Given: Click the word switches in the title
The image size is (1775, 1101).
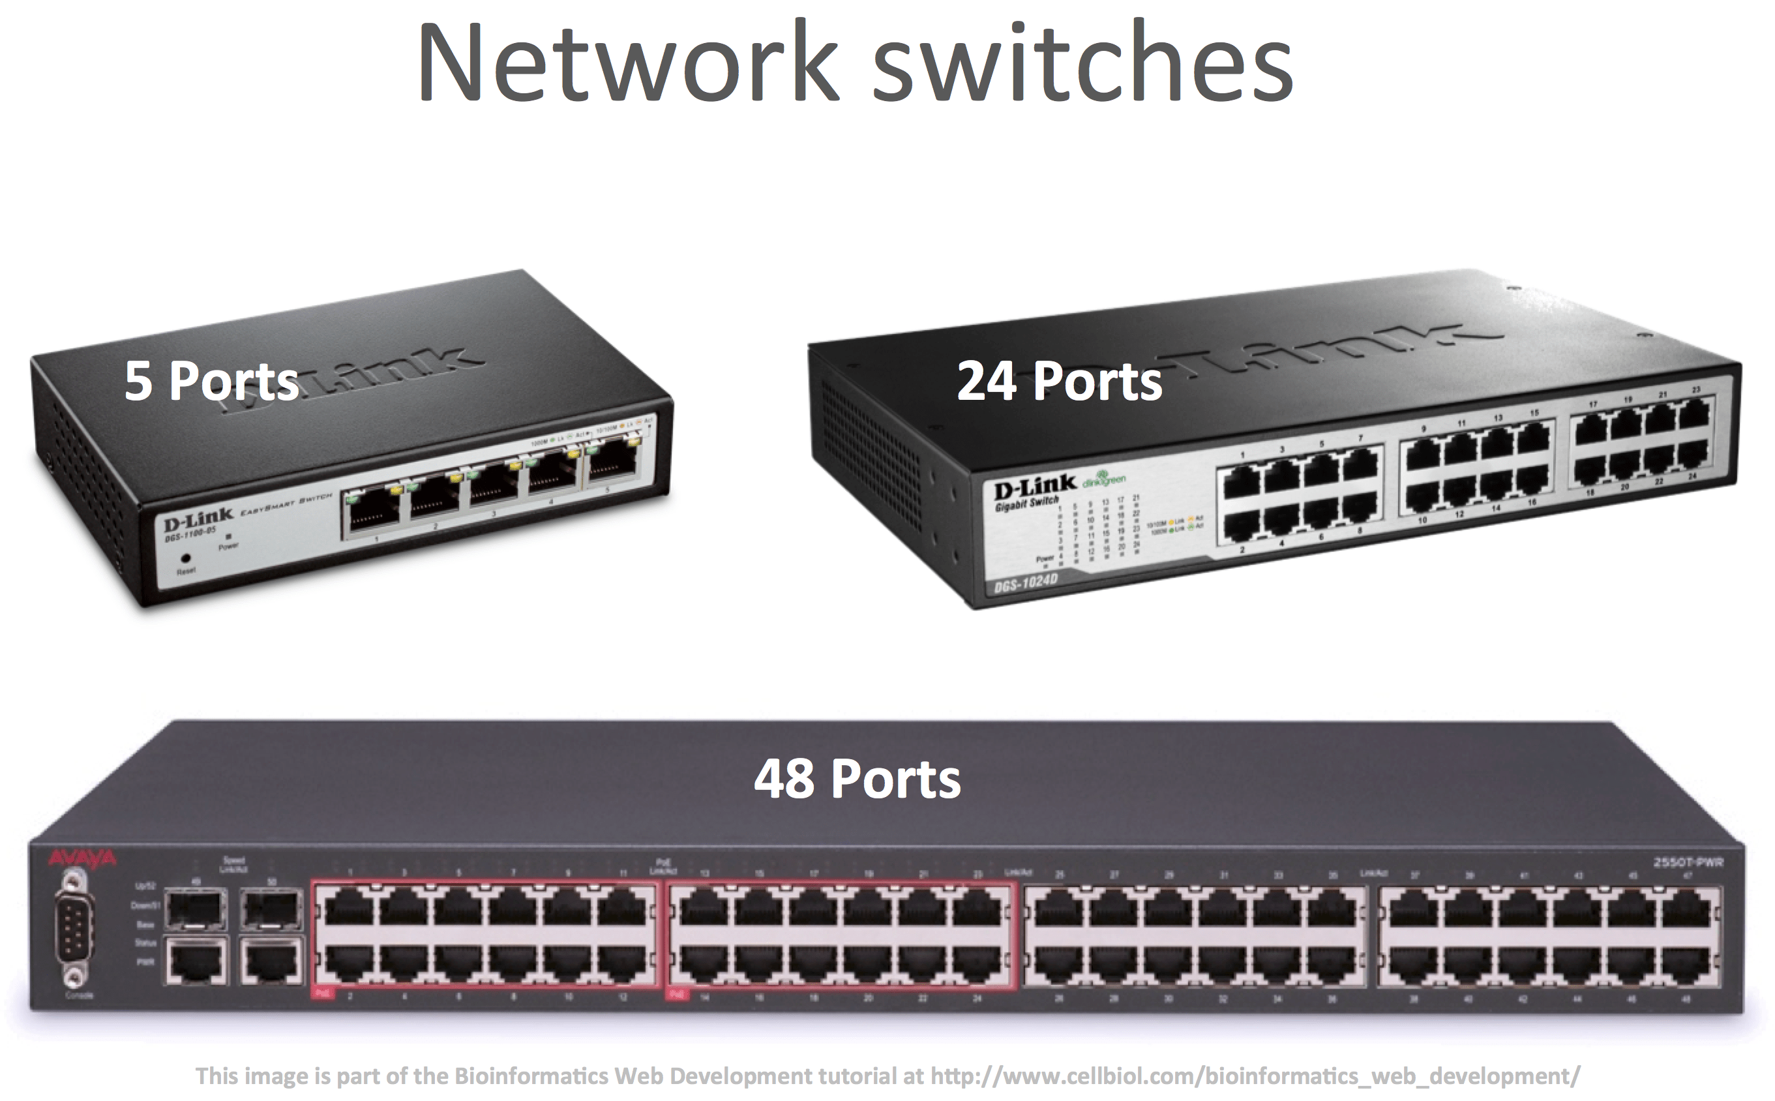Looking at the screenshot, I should (x=1082, y=64).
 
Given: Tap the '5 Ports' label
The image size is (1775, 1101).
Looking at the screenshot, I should (x=211, y=380).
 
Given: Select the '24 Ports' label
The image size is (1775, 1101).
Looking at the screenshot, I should (x=1059, y=381).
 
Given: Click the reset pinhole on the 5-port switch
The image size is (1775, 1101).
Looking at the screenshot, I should (x=186, y=558).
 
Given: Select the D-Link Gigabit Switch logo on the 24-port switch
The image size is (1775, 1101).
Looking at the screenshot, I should (x=1034, y=489).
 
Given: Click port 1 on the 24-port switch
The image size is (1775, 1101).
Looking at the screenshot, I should (x=1243, y=481).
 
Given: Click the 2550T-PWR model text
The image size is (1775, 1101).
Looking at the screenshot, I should (x=1688, y=862).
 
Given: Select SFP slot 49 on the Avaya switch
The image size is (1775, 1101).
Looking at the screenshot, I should (x=195, y=907).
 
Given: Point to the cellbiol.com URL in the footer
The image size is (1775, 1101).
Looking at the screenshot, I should (x=1255, y=1076).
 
